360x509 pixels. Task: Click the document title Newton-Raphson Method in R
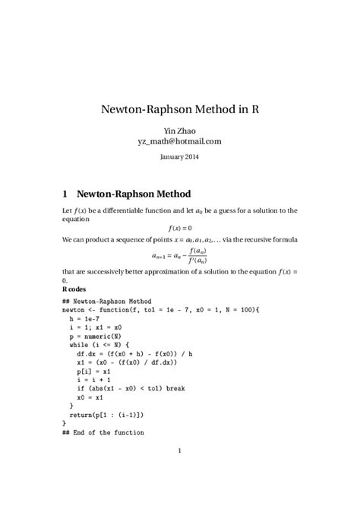[180, 109]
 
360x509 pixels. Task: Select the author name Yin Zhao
[180, 130]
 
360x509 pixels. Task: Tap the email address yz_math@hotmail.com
[180, 141]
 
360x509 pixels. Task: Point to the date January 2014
[180, 156]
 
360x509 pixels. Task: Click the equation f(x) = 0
[180, 227]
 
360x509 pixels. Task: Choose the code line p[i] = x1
[95, 371]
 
